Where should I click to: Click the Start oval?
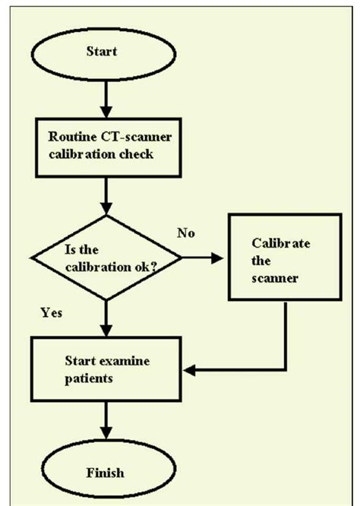coord(106,55)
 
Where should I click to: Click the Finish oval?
coord(106,473)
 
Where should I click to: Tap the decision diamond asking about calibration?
coord(106,258)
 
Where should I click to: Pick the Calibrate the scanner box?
coord(283,258)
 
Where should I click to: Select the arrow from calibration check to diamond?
coord(106,198)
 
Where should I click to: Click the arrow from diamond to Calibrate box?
coord(204,259)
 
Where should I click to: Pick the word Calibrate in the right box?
coord(279,245)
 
